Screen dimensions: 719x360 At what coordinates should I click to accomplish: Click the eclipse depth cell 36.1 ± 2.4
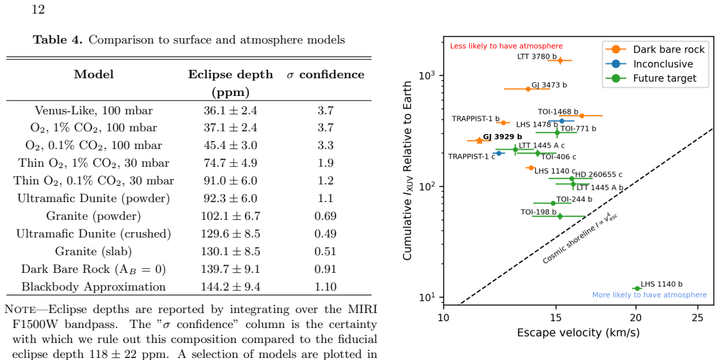(230, 110)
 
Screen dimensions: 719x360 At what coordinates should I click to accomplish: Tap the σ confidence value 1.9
(325, 163)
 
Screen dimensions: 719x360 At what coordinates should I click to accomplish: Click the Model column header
(94, 74)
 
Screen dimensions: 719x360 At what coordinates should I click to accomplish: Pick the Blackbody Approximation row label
(94, 287)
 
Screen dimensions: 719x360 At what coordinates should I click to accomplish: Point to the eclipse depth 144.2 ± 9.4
(230, 287)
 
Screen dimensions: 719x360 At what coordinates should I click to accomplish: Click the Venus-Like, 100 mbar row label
(94, 110)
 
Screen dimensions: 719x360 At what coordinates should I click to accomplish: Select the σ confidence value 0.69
(325, 216)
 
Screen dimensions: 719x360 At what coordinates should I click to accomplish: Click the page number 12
(38, 9)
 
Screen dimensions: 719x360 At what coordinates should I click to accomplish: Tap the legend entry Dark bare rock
(668, 50)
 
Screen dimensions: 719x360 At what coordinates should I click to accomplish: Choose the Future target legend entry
(665, 78)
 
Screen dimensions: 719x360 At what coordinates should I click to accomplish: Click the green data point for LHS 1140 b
(637, 288)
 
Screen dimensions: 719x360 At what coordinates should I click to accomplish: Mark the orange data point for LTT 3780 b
(560, 61)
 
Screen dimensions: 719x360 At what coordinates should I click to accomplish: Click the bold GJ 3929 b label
(503, 136)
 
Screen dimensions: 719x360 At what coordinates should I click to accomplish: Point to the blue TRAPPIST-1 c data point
(499, 153)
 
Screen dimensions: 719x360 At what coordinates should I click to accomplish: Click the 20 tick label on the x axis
(635, 318)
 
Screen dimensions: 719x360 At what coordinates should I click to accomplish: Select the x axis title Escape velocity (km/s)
(578, 332)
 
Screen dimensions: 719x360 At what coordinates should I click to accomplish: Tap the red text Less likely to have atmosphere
(506, 46)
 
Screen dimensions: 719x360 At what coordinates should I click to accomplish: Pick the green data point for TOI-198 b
(560, 216)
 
